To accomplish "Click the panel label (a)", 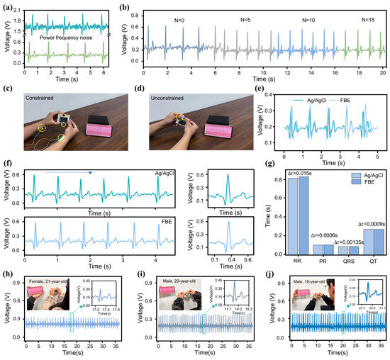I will click(x=7, y=7).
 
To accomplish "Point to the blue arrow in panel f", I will click(x=63, y=171).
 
